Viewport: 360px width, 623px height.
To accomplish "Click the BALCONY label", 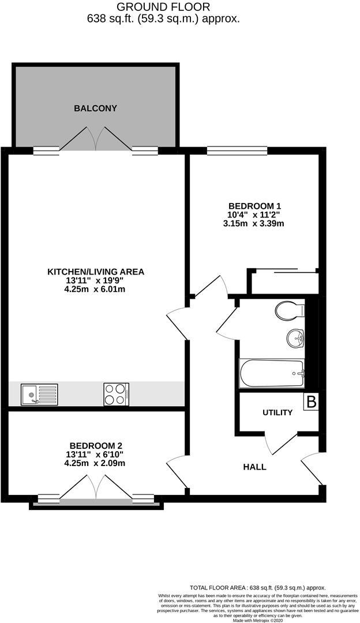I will tap(95, 108).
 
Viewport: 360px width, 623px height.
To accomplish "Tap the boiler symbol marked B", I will tap(310, 402).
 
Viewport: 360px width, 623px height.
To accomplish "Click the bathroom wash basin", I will tap(295, 338).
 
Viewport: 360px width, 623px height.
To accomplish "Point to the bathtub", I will tap(271, 373).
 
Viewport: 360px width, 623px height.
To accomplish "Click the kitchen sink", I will tap(39, 395).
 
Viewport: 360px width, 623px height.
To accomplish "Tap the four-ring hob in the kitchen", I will tap(116, 395).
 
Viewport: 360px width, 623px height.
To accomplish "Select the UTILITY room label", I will tap(277, 413).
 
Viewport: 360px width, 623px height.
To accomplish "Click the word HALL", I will tap(254, 467).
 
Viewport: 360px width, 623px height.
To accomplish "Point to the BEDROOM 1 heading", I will tap(254, 206).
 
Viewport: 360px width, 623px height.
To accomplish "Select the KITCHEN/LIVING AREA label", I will tap(95, 272).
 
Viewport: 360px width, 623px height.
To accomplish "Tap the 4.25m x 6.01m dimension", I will tap(95, 290).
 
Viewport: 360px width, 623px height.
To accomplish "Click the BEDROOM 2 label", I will tap(95, 445).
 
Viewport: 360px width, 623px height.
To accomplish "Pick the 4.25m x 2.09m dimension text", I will tap(95, 463).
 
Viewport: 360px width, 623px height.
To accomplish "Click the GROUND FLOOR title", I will tap(163, 7).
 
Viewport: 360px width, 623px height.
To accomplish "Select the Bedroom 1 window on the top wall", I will tap(237, 151).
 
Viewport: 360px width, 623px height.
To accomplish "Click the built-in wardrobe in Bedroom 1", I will tap(283, 282).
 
